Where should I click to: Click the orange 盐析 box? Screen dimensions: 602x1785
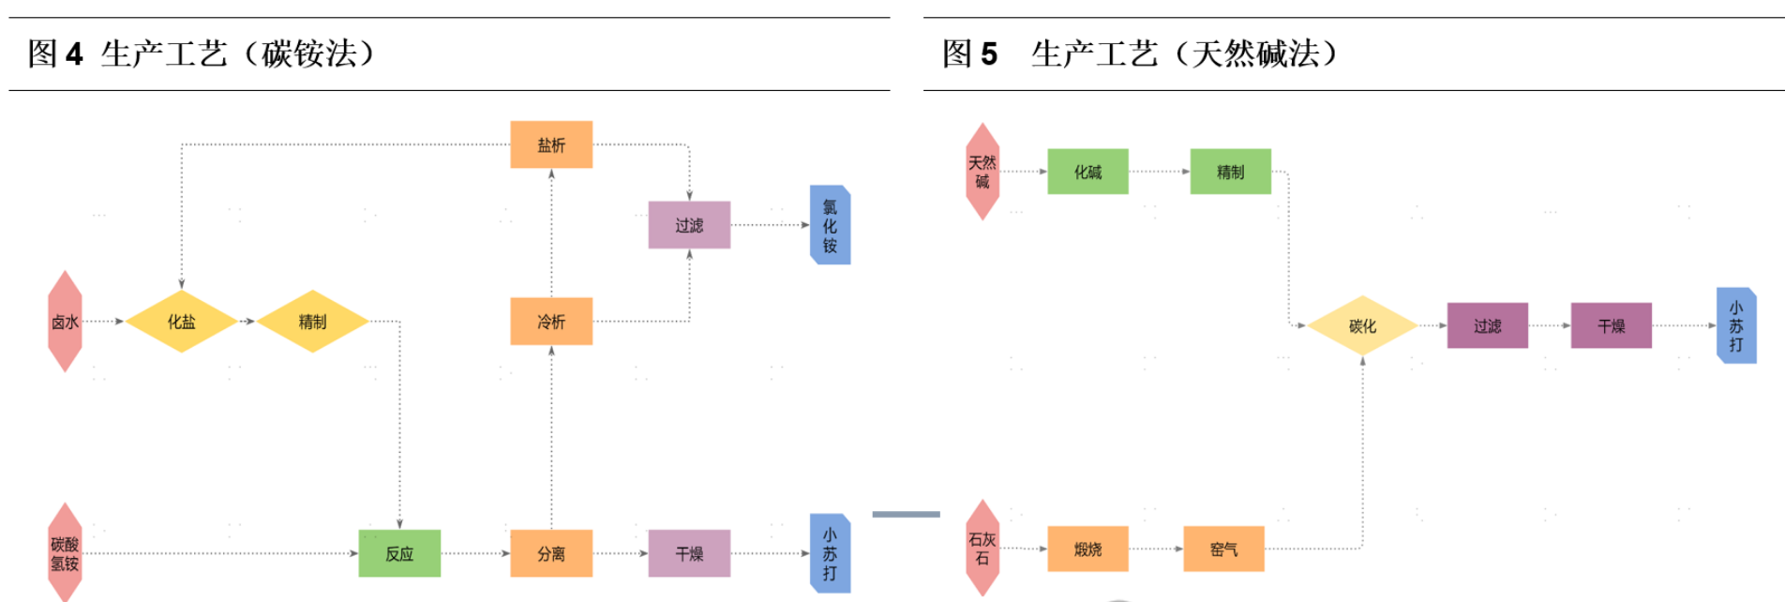551,144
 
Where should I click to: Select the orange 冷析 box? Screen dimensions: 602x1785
551,322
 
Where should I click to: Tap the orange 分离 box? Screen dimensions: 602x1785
551,553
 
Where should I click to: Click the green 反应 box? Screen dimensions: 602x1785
399,553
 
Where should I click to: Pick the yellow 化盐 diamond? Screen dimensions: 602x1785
182,322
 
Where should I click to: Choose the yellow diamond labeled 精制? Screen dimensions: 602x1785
312,322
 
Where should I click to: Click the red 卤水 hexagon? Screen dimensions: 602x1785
65,322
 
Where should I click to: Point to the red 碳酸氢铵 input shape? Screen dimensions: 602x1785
65,553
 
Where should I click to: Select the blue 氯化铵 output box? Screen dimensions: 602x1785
830,225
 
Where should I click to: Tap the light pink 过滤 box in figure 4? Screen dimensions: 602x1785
689,225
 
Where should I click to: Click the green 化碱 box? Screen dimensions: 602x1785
1087,172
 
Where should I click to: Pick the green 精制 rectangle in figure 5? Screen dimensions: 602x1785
1230,172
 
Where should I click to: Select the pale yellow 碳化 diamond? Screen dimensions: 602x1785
1362,325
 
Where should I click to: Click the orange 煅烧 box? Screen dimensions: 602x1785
1087,549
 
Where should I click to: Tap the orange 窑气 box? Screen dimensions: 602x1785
1223,549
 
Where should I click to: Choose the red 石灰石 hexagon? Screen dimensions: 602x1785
982,549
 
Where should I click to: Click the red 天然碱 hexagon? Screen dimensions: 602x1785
982,172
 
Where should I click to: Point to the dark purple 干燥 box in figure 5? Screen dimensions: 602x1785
1611,325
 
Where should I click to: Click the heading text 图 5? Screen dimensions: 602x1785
969,53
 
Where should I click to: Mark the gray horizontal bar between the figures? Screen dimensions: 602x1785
906,514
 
